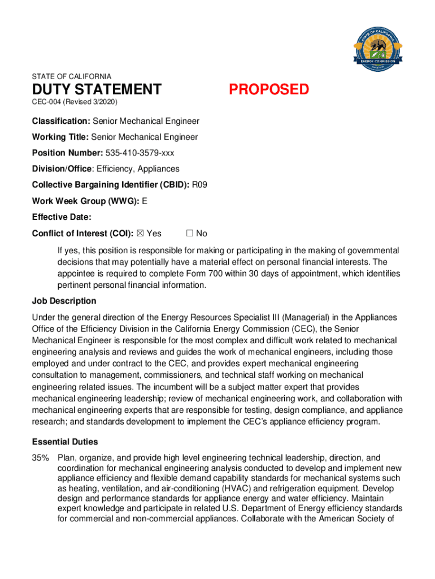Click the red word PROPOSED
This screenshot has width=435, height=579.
click(269, 90)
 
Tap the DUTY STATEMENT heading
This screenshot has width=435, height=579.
click(97, 90)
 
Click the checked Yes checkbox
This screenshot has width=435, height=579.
click(141, 234)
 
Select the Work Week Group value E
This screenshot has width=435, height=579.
click(145, 201)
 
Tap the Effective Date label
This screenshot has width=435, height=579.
click(62, 217)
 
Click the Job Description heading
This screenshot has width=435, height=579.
click(64, 301)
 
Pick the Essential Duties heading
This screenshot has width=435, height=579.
click(65, 442)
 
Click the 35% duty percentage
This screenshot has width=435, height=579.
click(41, 458)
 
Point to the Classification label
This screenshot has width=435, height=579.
click(61, 121)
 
